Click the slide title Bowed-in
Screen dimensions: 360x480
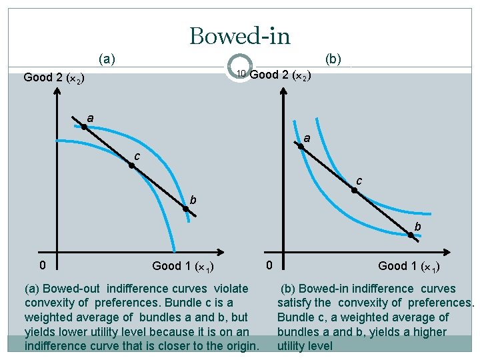(x=240, y=35)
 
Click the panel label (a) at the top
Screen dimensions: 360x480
(x=107, y=59)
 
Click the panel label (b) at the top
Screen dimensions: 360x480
(x=333, y=59)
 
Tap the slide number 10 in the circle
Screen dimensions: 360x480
(x=241, y=73)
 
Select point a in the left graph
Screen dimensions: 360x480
(x=85, y=126)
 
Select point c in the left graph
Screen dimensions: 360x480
(x=132, y=165)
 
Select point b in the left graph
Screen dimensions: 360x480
(x=187, y=209)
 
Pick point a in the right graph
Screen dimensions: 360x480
(x=301, y=147)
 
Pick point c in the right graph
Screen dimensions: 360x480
(x=355, y=191)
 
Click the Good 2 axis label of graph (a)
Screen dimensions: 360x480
(x=53, y=78)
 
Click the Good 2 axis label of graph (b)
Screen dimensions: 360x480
(x=279, y=75)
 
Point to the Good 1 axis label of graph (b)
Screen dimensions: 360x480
(x=408, y=267)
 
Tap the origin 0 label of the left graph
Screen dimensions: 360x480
(x=43, y=265)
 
